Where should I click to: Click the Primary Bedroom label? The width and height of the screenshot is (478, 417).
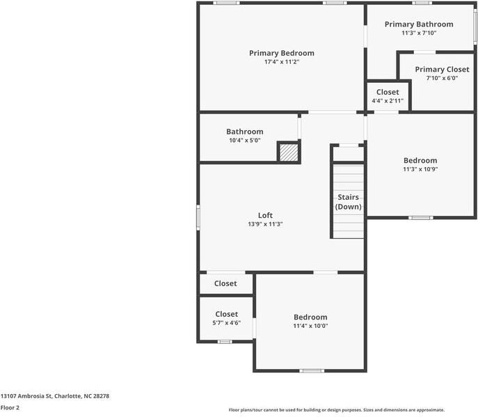pos(281,53)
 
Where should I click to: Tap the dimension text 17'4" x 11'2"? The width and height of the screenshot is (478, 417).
pos(281,62)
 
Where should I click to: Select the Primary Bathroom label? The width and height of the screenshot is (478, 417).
pos(419,24)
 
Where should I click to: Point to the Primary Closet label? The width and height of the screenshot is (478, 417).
pos(442,70)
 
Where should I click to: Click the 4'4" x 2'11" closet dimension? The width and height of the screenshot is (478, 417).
pos(388,101)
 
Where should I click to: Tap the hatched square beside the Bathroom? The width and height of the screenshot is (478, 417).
pos(288,152)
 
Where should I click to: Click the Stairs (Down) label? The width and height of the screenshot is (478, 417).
pos(348,202)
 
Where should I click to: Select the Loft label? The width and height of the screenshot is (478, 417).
pos(265,215)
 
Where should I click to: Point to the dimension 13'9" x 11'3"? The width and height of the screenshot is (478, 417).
pos(265,224)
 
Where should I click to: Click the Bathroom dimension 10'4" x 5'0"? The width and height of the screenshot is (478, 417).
pos(244,141)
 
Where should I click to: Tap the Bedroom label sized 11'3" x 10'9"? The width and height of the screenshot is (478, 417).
pos(420,160)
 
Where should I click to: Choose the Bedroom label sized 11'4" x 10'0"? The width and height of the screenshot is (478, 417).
pos(310,317)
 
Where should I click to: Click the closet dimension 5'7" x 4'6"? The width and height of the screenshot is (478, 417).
pos(226,323)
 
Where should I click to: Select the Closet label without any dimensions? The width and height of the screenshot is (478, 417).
pos(225,283)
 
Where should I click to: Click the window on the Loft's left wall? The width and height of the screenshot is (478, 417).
pos(198,217)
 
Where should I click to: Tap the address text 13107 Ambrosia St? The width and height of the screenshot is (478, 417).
pos(55,395)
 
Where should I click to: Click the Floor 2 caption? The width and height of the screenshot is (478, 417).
pos(10,407)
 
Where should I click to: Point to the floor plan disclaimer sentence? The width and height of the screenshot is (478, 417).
pos(336,410)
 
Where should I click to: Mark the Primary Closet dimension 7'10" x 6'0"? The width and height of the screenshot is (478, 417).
pos(442,78)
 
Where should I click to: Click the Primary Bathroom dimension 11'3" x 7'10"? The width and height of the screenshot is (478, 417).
pos(419,33)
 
